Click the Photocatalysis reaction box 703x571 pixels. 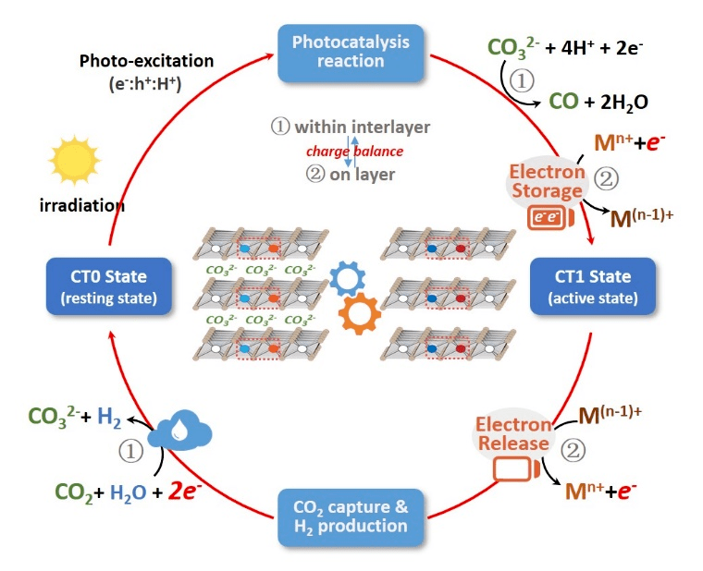coord(351,52)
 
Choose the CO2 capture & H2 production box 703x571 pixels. coord(351,516)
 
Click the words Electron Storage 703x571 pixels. coord(546,181)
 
